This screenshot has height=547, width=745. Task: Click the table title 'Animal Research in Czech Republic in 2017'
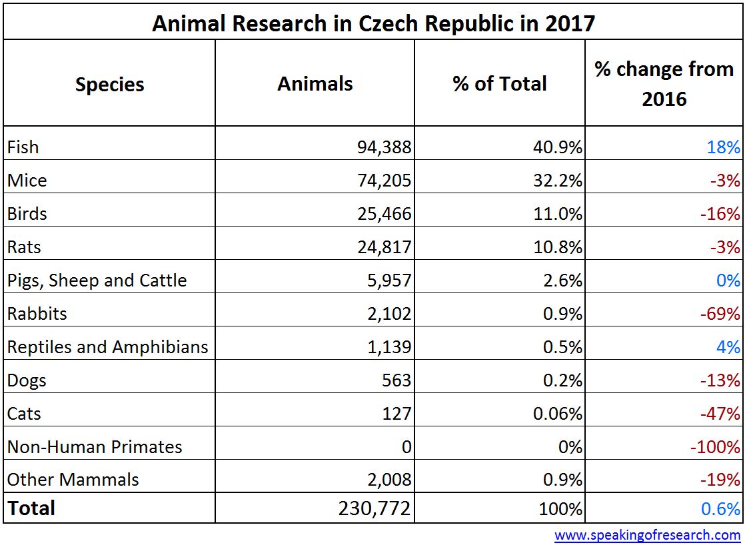click(x=373, y=23)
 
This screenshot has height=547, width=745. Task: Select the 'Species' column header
click(x=109, y=85)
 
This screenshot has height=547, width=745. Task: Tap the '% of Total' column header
click(x=500, y=84)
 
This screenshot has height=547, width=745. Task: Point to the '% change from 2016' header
click(x=664, y=84)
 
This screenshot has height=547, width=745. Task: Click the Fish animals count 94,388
click(x=384, y=147)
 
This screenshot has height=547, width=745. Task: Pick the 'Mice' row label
click(x=27, y=181)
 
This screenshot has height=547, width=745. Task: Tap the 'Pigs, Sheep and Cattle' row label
click(x=97, y=280)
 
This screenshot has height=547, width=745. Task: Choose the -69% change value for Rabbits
click(x=723, y=314)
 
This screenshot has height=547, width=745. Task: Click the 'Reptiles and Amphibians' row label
click(x=108, y=347)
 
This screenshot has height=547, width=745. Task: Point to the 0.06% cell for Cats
click(x=558, y=414)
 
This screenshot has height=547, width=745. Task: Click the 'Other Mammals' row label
click(x=73, y=480)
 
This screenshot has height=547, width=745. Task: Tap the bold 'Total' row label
click(x=31, y=508)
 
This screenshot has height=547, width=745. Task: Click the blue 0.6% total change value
click(x=720, y=510)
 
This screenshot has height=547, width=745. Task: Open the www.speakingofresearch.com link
click(x=647, y=535)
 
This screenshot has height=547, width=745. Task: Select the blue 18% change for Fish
click(x=724, y=147)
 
